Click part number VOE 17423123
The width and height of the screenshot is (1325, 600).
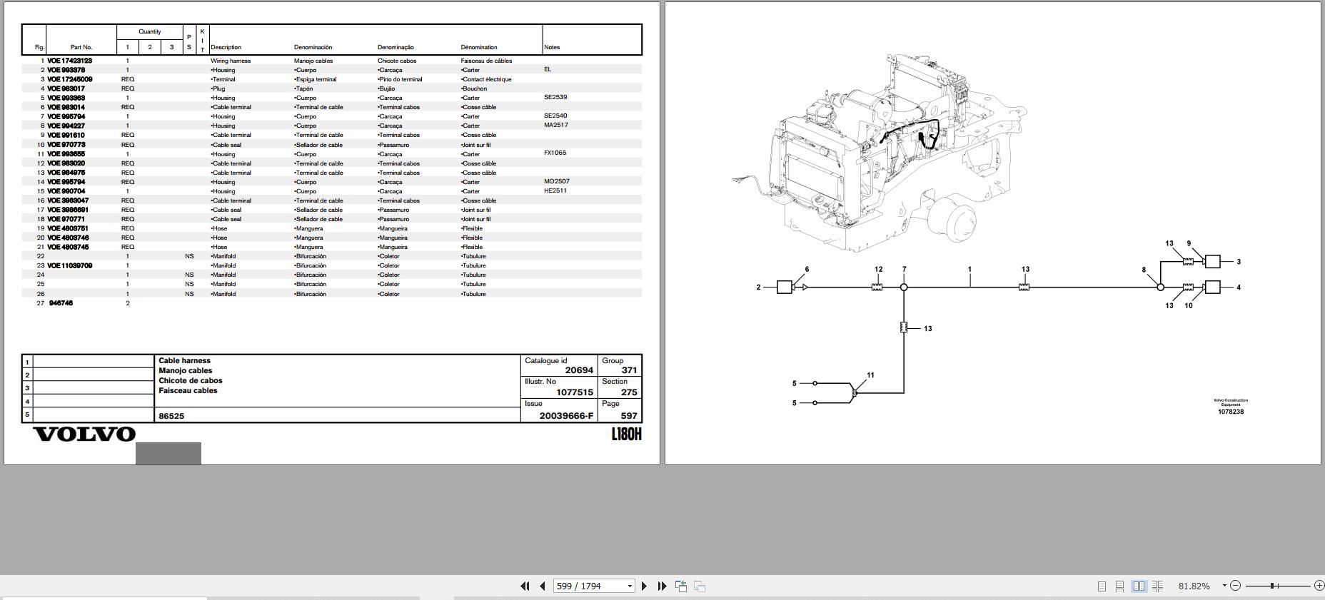pyautogui.click(x=70, y=61)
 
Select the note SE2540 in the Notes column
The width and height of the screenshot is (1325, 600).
pyautogui.click(x=555, y=116)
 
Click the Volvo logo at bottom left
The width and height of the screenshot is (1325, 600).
pyautogui.click(x=84, y=434)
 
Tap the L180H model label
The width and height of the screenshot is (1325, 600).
pyautogui.click(x=626, y=434)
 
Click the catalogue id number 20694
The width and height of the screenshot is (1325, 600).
pyautogui.click(x=579, y=370)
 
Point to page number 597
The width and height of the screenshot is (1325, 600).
pyautogui.click(x=629, y=415)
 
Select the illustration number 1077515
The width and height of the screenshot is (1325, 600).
pyautogui.click(x=575, y=392)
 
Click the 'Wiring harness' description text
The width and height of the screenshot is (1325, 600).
pyautogui.click(x=231, y=61)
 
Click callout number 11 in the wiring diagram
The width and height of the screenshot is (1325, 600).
pyautogui.click(x=870, y=375)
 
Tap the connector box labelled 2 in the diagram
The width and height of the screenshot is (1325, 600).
pyautogui.click(x=784, y=288)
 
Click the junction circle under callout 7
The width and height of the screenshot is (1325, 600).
pyautogui.click(x=904, y=288)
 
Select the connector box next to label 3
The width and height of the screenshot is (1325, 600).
pyautogui.click(x=1212, y=262)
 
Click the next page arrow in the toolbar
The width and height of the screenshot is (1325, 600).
pyautogui.click(x=644, y=586)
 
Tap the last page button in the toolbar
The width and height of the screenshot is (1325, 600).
pyautogui.click(x=662, y=586)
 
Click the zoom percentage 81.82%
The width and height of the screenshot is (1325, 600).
pyautogui.click(x=1194, y=586)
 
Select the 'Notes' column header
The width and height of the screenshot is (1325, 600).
pyautogui.click(x=552, y=47)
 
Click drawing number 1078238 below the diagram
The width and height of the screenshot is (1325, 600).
pyautogui.click(x=1231, y=412)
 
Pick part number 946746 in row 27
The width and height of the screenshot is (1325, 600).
pyautogui.click(x=61, y=303)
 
